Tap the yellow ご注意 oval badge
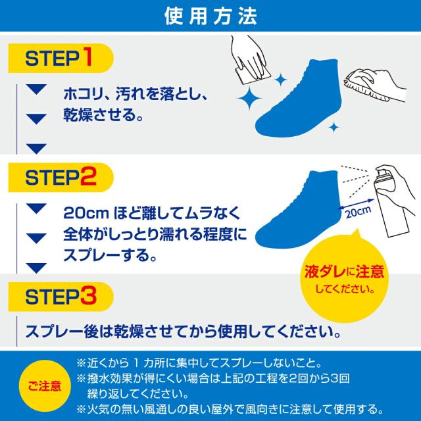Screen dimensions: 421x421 click(x=41, y=385)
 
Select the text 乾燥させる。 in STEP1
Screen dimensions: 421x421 click(x=94, y=116)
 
